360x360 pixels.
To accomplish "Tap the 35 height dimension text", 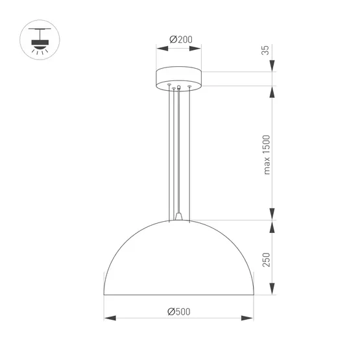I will click(x=265, y=50).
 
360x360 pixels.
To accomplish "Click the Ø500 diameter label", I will click(x=178, y=312).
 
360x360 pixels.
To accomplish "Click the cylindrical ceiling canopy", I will click(x=179, y=78).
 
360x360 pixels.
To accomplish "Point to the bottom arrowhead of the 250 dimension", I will click(x=273, y=289).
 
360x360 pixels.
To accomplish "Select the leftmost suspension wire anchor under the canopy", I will click(x=169, y=86).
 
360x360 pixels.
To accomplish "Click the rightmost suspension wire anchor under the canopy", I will click(x=189, y=86).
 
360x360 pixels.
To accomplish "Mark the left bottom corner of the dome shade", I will click(x=104, y=294).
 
